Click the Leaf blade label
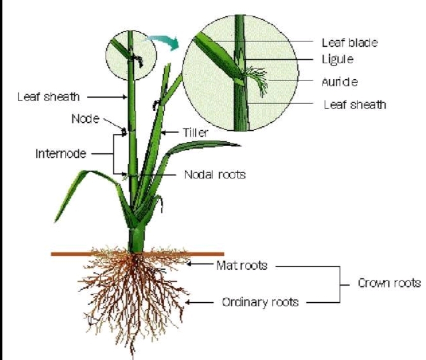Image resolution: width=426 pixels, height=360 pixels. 350,43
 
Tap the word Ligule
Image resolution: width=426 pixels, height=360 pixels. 338,59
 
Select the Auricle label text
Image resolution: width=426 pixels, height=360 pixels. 339,82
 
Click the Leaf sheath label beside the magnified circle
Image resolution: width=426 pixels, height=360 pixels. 355,105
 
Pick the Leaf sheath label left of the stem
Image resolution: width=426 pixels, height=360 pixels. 48,97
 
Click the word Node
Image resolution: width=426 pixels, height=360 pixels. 85,119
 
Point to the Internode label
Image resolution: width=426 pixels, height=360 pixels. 61,154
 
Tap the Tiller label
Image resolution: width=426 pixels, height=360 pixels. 196,132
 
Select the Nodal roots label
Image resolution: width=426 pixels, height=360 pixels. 215,175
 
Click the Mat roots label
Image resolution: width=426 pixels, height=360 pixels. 242,265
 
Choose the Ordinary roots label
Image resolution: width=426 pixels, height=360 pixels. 260,302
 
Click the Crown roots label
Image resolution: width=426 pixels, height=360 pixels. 389,283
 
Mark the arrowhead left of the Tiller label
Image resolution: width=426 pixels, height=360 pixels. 163,132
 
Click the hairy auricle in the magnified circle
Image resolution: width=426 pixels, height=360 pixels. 256,80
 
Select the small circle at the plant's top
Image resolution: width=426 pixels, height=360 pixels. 131,55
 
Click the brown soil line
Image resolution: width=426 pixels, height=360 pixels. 137,254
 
